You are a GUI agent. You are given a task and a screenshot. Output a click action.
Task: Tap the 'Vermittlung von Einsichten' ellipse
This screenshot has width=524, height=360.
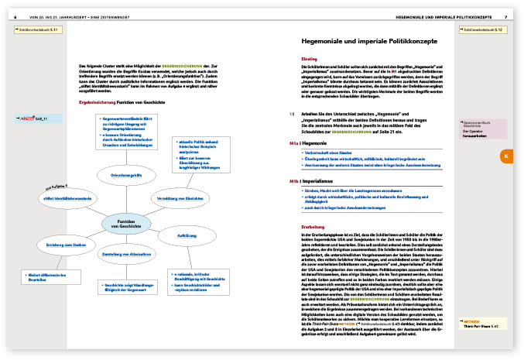(175, 197)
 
